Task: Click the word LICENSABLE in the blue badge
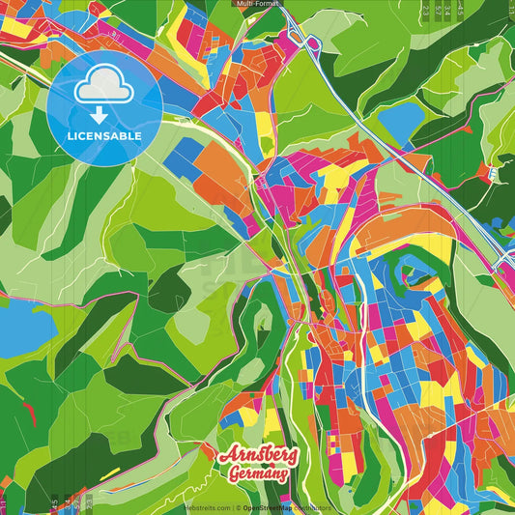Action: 104,136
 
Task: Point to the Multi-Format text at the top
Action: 257,5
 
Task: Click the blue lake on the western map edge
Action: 21,329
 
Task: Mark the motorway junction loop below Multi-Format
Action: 311,43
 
